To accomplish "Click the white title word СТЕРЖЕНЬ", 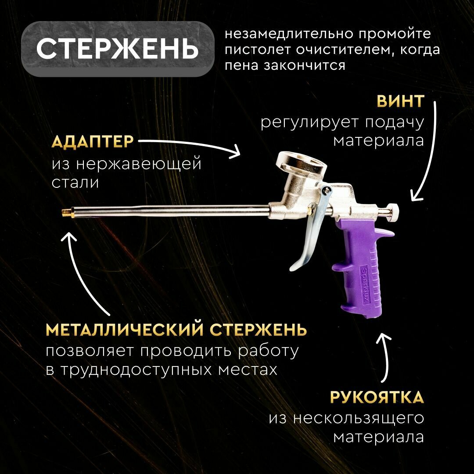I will [117, 49].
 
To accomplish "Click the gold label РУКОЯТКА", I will [377, 397].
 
